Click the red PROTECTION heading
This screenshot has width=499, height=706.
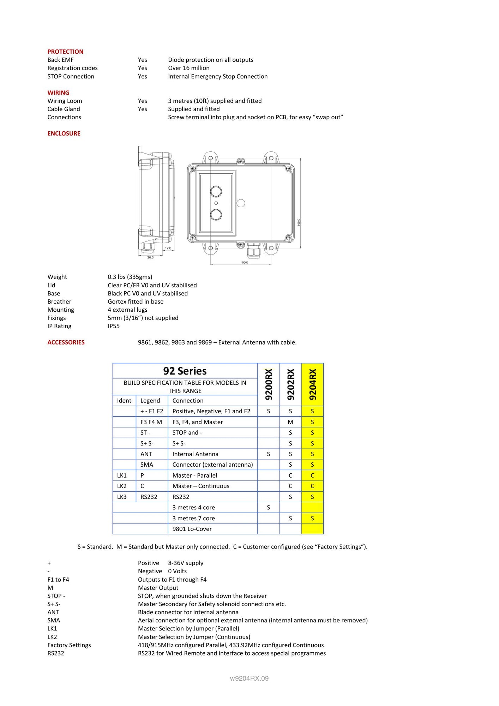tap(65, 52)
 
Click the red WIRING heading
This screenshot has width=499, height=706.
tap(58, 92)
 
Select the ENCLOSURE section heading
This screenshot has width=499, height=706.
tap(64, 133)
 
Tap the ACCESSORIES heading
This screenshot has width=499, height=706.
tap(66, 342)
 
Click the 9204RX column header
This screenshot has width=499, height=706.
tap(312, 384)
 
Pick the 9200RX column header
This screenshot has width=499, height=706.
tap(269, 384)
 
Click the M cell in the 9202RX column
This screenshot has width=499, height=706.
tap(290, 422)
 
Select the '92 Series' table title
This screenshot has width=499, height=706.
tap(185, 371)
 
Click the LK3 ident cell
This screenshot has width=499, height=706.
tap(122, 497)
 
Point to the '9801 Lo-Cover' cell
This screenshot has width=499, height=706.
tap(192, 529)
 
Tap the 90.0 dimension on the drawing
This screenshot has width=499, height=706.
tap(245, 262)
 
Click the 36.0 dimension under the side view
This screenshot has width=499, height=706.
tap(150, 257)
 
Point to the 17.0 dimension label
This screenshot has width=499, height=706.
tap(168, 248)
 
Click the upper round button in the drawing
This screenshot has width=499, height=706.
tap(216, 191)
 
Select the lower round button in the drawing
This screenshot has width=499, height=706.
tap(216, 214)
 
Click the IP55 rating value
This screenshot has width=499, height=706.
tap(114, 326)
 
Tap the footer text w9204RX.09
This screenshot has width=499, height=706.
tap(249, 678)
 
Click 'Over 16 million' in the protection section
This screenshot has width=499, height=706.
tap(189, 68)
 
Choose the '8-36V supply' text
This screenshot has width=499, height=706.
tap(186, 563)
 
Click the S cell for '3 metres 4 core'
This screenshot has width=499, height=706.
tap(269, 507)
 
